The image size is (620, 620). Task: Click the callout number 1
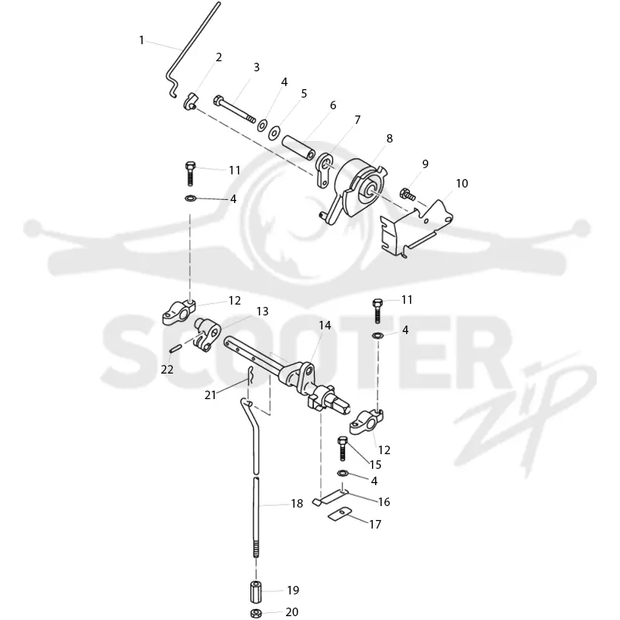tap(141, 40)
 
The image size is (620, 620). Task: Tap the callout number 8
tap(390, 139)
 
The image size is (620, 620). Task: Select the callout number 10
tap(462, 184)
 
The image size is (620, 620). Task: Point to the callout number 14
tap(325, 325)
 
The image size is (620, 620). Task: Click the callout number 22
tap(167, 370)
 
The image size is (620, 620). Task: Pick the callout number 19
tap(293, 590)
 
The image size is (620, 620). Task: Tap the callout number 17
tap(375, 525)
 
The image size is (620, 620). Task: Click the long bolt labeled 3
tap(235, 109)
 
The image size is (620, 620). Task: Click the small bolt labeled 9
tap(408, 195)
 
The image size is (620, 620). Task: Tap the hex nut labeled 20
tap(256, 613)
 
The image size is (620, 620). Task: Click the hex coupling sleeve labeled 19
tap(256, 591)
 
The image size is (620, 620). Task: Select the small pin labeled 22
tap(175, 350)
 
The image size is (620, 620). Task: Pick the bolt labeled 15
tap(342, 449)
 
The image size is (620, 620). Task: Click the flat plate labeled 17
tap(339, 514)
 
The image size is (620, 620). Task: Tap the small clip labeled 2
tap(190, 102)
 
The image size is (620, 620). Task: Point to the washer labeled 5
tap(274, 133)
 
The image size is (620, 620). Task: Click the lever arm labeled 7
tap(324, 170)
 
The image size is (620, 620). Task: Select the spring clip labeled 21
tap(250, 375)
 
